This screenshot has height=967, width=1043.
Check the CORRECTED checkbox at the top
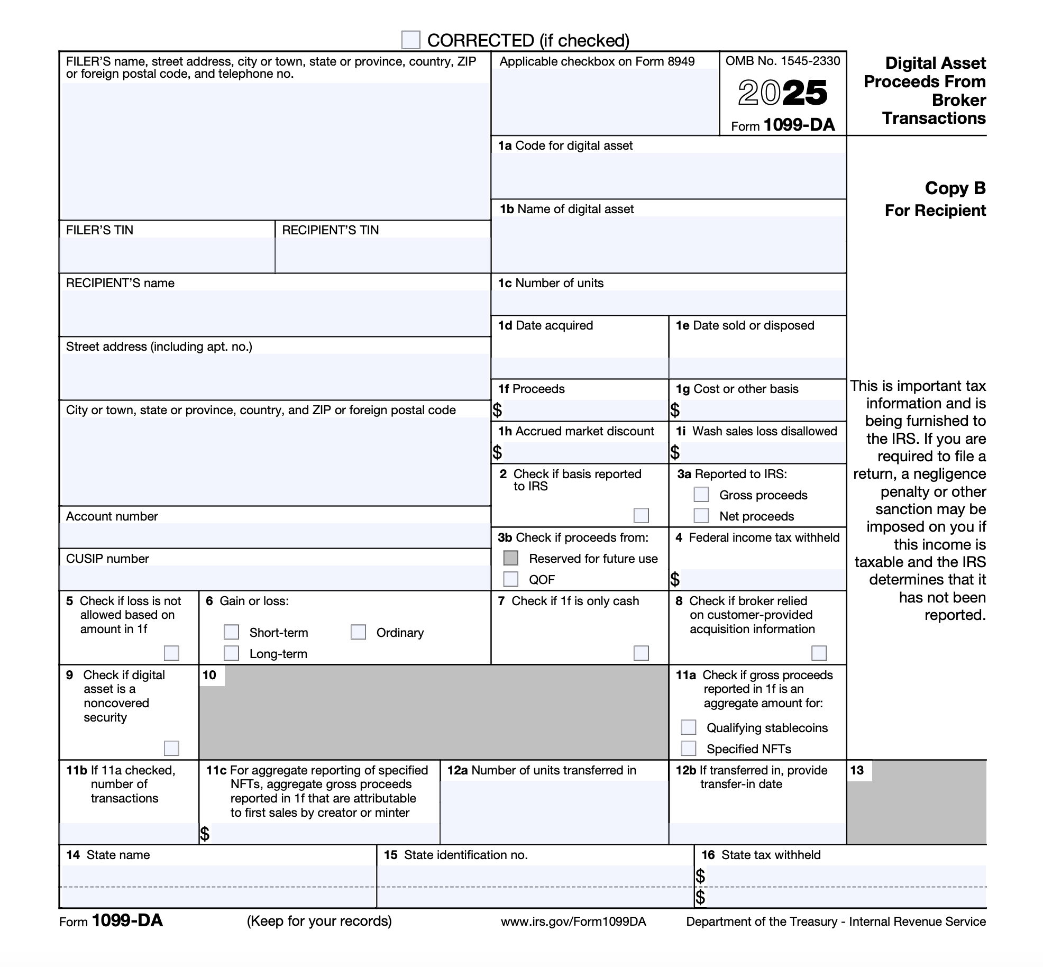click(x=411, y=40)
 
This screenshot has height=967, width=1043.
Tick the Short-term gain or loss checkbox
click(x=231, y=632)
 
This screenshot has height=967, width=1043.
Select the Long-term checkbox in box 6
click(x=231, y=653)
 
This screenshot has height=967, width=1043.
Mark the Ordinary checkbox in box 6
click(x=358, y=632)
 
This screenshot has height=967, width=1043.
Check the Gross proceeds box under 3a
click(x=701, y=495)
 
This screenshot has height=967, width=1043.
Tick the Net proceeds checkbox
click(x=701, y=516)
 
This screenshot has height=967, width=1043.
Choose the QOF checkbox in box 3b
click(x=510, y=579)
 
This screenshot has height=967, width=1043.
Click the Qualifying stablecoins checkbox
click(x=688, y=727)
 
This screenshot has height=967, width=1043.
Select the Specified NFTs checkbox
click(x=688, y=749)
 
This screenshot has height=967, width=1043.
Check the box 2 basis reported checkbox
click(x=641, y=516)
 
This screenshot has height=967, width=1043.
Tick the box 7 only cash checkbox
click(x=641, y=653)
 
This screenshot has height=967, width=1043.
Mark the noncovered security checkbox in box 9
click(x=171, y=749)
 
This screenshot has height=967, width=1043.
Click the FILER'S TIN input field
click(x=167, y=255)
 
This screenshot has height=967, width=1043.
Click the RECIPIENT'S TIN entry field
click(x=383, y=255)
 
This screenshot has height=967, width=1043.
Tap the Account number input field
click(x=275, y=535)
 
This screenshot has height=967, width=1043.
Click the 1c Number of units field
click(x=669, y=303)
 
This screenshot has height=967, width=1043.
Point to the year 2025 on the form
click(x=782, y=93)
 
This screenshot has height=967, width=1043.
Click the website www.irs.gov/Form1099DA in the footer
click(x=573, y=922)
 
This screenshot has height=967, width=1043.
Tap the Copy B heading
click(x=955, y=188)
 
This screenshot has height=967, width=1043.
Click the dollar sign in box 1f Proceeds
click(x=497, y=410)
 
